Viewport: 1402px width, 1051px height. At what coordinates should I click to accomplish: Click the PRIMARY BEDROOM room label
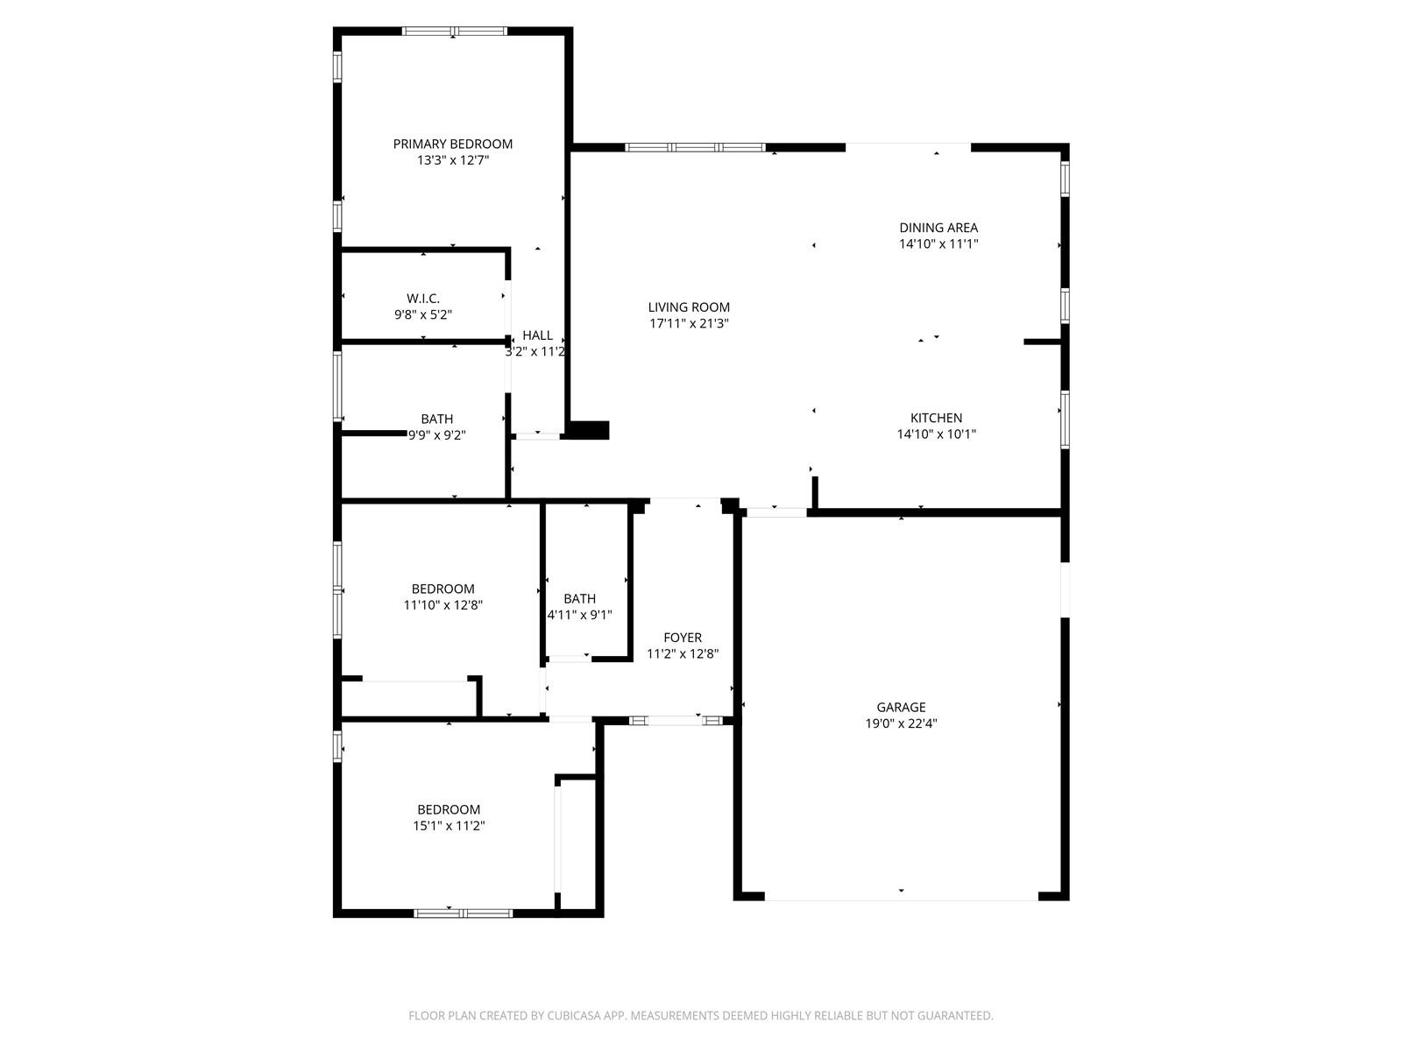click(x=452, y=145)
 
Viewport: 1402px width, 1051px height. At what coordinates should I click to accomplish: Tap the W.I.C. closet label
click(x=423, y=299)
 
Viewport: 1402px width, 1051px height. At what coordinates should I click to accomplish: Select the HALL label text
click(x=537, y=335)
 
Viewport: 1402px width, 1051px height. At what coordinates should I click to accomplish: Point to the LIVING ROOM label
click(x=689, y=307)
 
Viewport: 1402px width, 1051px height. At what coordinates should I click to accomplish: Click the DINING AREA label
click(x=938, y=228)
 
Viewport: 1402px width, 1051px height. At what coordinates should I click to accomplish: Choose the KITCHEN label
click(x=936, y=418)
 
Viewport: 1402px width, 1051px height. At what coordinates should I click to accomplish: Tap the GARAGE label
click(x=901, y=707)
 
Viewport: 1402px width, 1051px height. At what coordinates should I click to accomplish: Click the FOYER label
click(x=682, y=638)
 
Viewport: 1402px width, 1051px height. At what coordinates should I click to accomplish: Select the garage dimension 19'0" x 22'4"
click(x=901, y=723)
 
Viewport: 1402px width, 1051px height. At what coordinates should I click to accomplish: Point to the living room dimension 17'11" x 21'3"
click(x=689, y=323)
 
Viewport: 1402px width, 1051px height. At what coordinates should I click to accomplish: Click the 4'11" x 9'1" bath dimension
click(x=579, y=615)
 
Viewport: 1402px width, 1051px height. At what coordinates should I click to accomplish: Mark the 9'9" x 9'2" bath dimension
click(x=437, y=435)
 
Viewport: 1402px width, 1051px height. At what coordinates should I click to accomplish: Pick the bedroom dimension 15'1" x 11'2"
click(x=449, y=826)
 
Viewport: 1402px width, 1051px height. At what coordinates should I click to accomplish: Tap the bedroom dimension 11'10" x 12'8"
click(x=443, y=605)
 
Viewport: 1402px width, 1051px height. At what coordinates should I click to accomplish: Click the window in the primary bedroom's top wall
click(x=454, y=32)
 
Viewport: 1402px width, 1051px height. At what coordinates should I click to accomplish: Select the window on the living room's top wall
click(x=695, y=148)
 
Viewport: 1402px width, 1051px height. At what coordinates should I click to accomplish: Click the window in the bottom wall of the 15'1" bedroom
click(x=463, y=913)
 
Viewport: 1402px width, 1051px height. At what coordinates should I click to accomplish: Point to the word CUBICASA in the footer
click(x=574, y=1015)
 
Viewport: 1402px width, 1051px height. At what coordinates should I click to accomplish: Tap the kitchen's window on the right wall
click(x=1065, y=420)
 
